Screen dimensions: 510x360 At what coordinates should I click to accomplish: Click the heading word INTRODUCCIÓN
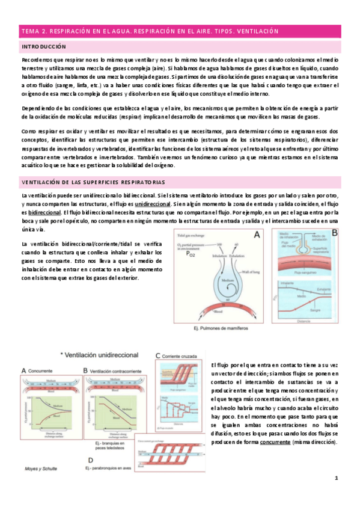click(x=43, y=46)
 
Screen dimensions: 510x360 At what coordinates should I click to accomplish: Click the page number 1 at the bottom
click(x=337, y=494)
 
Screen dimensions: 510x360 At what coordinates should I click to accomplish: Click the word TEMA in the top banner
click(x=29, y=31)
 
